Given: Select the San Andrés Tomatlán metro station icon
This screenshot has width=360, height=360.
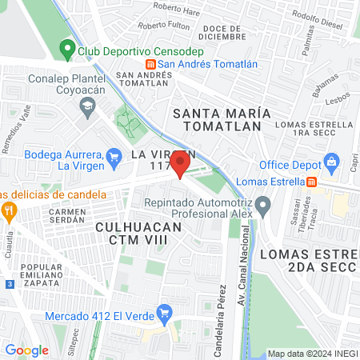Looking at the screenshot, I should pyautogui.click(x=149, y=65).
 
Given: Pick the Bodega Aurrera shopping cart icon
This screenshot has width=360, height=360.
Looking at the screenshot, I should pyautogui.click(x=114, y=154).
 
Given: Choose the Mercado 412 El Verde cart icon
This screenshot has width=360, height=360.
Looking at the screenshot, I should pyautogui.click(x=165, y=311).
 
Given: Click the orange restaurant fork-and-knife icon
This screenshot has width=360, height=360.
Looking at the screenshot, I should pyautogui.click(x=10, y=212).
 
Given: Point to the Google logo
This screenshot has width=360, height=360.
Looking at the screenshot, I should pyautogui.click(x=26, y=350).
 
